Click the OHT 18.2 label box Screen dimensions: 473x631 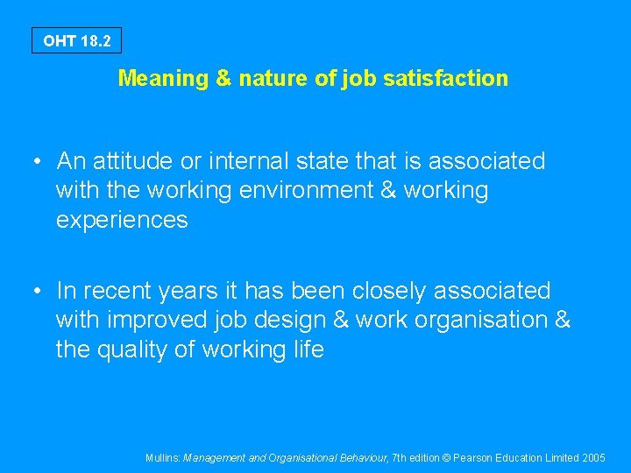[x=76, y=41]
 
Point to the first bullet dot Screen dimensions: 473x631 [x=38, y=162]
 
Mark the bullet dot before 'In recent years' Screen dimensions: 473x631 [x=38, y=291]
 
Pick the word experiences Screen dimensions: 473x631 [x=122, y=220]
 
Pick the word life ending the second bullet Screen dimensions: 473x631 [x=307, y=349]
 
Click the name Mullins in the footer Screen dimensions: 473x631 [x=162, y=457]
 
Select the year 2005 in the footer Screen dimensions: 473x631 [x=593, y=457]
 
